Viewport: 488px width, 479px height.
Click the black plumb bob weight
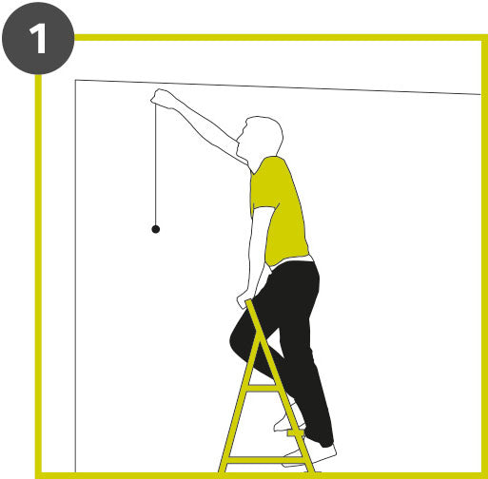point(156,229)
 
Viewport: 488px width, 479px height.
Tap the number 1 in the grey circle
point(39,39)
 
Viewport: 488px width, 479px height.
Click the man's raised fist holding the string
point(161,99)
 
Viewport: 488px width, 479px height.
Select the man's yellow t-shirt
point(278,211)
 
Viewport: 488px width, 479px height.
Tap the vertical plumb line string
point(156,164)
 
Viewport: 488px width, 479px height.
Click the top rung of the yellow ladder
point(262,388)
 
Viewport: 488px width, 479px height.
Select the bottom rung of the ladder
point(265,460)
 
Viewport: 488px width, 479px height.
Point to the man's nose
point(243,130)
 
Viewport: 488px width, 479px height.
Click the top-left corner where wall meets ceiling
point(75,80)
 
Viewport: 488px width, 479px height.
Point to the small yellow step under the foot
point(296,432)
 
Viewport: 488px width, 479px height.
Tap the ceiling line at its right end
point(480,94)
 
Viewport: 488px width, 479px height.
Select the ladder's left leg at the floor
point(223,469)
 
